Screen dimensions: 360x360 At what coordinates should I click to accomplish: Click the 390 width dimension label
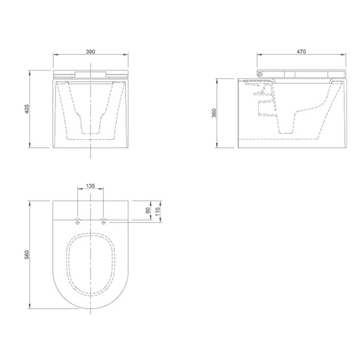(91, 52)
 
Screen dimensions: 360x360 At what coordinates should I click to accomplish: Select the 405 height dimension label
(27, 109)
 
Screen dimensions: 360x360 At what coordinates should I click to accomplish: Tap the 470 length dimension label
(301, 52)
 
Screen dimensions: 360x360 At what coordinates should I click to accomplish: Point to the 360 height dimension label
(214, 113)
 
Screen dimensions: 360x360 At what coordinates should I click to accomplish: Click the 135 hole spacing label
(91, 186)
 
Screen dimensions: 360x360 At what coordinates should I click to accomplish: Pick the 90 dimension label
(148, 211)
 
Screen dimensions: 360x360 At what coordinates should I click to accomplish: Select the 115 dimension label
(157, 211)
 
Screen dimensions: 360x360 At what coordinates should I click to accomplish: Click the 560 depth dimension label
(27, 255)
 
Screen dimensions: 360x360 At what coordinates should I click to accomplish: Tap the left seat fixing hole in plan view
(77, 222)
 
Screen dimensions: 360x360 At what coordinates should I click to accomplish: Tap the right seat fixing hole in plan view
(104, 222)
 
